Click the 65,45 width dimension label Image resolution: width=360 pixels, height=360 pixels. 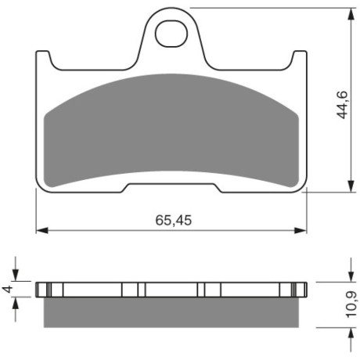174,220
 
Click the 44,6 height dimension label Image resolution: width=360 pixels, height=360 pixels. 342,105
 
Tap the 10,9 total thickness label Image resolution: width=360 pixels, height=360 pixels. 352,304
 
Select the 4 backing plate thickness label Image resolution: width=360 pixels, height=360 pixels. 8,289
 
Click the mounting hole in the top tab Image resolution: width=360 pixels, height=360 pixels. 171,34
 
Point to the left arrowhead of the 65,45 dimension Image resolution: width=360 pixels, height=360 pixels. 42,230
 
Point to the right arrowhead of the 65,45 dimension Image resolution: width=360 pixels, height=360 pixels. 301,230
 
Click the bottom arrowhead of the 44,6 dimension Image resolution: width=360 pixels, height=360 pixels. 351,186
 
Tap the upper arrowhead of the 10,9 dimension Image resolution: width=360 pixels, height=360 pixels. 351,275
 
